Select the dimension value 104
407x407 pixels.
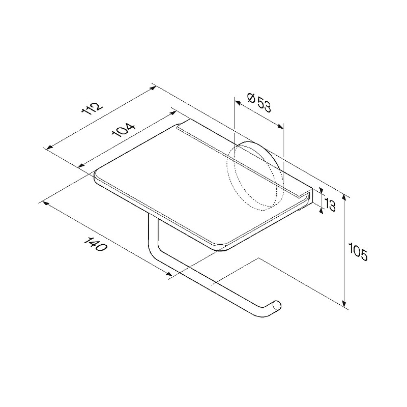124,130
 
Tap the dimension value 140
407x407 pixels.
95,244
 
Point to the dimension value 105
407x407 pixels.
358,251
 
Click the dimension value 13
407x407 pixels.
330,205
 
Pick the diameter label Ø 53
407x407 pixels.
259,103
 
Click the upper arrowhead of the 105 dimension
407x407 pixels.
344,197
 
